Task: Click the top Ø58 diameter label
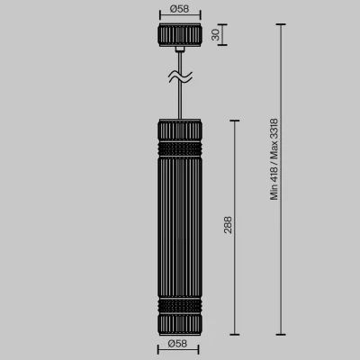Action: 179,9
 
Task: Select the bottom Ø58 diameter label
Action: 177,344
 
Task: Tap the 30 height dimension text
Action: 216,34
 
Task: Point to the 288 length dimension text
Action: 228,225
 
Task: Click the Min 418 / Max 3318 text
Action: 274,159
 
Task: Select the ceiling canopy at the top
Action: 179,35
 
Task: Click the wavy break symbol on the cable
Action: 180,76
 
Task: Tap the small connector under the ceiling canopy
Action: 180,49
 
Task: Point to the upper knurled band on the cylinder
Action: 180,148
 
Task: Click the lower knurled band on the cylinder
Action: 180,306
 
